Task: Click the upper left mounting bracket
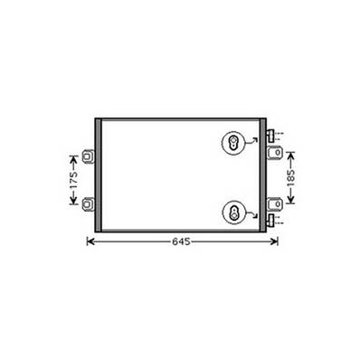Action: pyautogui.click(x=88, y=156)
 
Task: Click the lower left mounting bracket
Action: pyautogui.click(x=88, y=203)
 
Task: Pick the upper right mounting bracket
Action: pyautogui.click(x=273, y=155)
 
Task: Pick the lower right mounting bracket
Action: pyautogui.click(x=273, y=203)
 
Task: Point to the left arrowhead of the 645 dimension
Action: pyautogui.click(x=89, y=241)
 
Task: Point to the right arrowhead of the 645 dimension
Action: pyautogui.click(x=276, y=241)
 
